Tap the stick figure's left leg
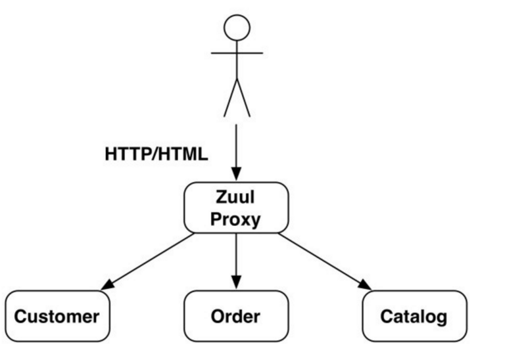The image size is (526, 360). pos(231,98)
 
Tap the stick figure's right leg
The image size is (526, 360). pos(243,98)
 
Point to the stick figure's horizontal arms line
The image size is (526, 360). pos(237,53)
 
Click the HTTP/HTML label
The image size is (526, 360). pos(156,154)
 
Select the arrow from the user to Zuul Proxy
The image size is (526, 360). pos(236,152)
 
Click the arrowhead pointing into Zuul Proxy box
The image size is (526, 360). pos(236,174)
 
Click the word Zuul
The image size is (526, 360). pos(235,197)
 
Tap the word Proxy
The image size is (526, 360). pos(235,219)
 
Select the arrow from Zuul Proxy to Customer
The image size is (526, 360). pos(147,261)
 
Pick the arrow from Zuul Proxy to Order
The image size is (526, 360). pos(236,261)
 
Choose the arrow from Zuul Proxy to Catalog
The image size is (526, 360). pos(325,261)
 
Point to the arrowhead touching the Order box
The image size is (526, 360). pos(236,282)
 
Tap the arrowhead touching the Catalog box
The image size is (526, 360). pos(366,285)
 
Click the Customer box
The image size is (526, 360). pos(57,316)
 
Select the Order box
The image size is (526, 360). pos(236,316)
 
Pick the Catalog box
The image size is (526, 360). pos(415,316)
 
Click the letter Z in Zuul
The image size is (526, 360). pos(221,197)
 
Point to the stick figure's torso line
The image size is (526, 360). pos(237,60)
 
